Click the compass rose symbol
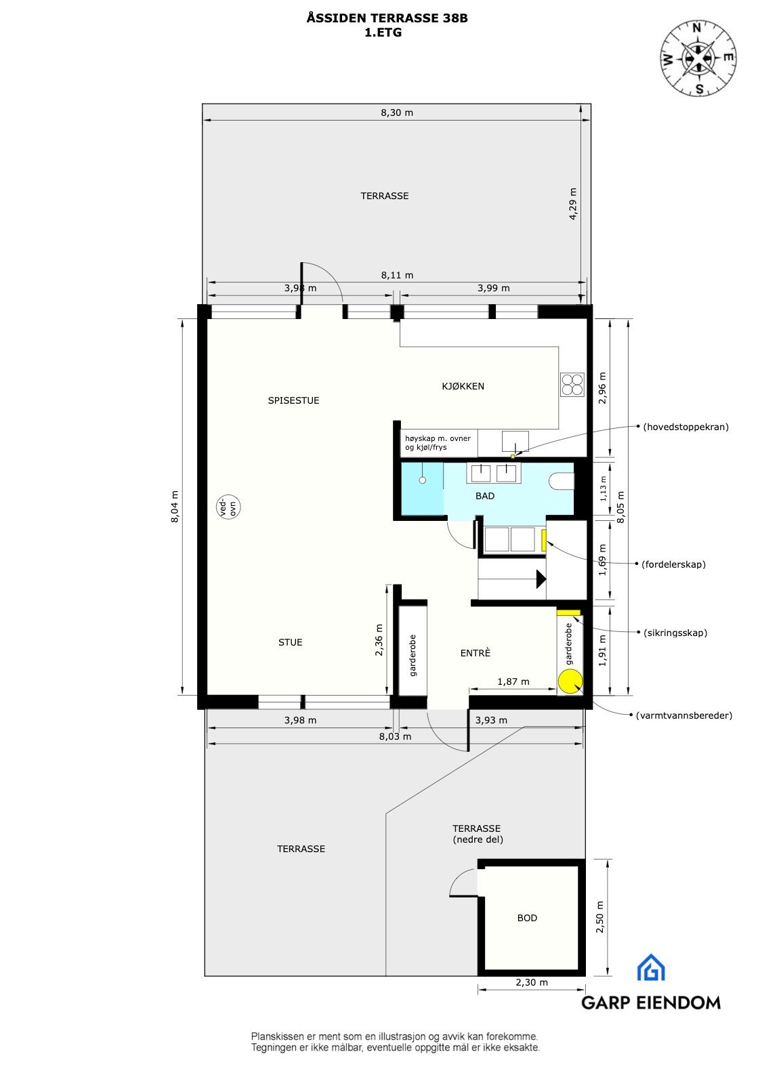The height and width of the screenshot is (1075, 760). (698, 58)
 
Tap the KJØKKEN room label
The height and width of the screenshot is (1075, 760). (463, 386)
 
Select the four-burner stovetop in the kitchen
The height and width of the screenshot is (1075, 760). (571, 384)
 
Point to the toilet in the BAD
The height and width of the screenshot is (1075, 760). (562, 482)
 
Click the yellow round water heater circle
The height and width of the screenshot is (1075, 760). (570, 681)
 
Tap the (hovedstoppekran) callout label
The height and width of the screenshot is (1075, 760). (685, 427)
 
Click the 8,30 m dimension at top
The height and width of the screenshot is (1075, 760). (396, 112)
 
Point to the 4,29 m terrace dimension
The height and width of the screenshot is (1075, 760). (573, 203)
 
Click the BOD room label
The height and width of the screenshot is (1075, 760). (527, 918)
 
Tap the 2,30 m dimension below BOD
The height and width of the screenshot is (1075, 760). (532, 982)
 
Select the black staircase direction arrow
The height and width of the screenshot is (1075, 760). (541, 578)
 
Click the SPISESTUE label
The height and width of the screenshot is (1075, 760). (293, 400)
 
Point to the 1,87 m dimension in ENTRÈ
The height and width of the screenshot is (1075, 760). (513, 681)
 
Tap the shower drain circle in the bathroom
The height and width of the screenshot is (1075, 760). (422, 480)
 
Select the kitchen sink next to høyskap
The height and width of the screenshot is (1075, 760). (515, 442)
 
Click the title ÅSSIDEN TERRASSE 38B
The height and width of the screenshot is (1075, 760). (387, 19)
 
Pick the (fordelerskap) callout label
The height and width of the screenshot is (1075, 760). (673, 564)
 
